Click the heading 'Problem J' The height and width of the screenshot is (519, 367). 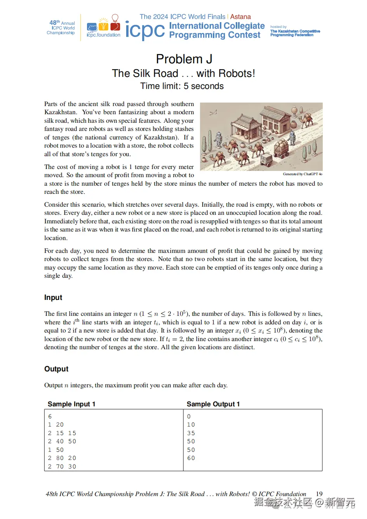pyautogui.click(x=184, y=59)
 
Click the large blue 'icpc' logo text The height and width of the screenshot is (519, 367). pyautogui.click(x=145, y=30)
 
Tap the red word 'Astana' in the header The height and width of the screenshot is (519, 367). pyautogui.click(x=240, y=17)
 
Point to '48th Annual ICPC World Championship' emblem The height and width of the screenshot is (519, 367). pyautogui.click(x=61, y=28)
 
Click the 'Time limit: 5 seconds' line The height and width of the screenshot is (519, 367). pyautogui.click(x=182, y=86)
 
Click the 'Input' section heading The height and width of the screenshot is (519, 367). pyautogui.click(x=53, y=298)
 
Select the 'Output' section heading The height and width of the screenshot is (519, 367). pyautogui.click(x=56, y=369)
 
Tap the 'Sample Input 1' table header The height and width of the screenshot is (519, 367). pyautogui.click(x=71, y=404)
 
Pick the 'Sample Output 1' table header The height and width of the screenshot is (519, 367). pyautogui.click(x=213, y=404)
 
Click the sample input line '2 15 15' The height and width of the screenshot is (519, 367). pyautogui.click(x=62, y=433)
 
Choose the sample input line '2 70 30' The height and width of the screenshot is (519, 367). pyautogui.click(x=62, y=467)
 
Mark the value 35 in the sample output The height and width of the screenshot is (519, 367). pyautogui.click(x=191, y=433)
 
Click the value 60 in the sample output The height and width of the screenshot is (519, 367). pyautogui.click(x=191, y=458)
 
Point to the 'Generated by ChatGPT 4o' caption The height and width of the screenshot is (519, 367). pyautogui.click(x=303, y=174)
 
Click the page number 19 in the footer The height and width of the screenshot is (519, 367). pyautogui.click(x=319, y=494)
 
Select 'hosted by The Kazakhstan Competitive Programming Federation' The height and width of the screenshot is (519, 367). pyautogui.click(x=295, y=31)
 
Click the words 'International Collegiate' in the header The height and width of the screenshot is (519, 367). pyautogui.click(x=217, y=26)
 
